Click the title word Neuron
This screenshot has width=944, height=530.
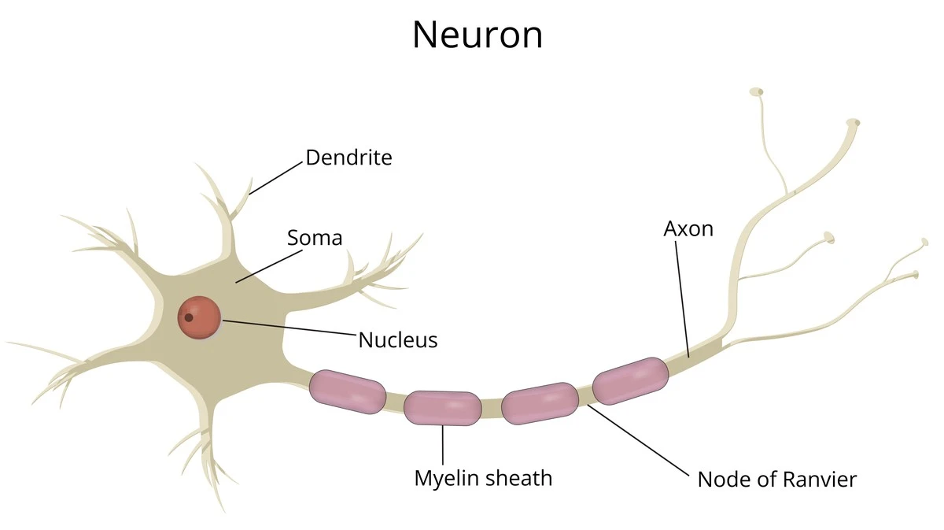[x=478, y=35]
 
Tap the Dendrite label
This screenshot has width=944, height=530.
[x=348, y=158]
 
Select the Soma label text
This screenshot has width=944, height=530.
[x=314, y=237]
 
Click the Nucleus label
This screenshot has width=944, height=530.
[x=397, y=340]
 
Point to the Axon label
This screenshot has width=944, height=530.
[x=688, y=229]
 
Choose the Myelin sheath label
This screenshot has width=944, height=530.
[x=483, y=478]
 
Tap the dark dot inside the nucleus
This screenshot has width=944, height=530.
[x=188, y=318]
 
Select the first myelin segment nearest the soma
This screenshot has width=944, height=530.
[x=347, y=391]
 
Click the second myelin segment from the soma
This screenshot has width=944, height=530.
[x=442, y=408]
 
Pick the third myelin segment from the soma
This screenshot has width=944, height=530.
[x=540, y=403]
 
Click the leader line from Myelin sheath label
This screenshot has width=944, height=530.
[x=443, y=445]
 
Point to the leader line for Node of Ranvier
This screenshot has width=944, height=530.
[x=637, y=438]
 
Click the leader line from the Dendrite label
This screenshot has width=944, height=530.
[x=276, y=178]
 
